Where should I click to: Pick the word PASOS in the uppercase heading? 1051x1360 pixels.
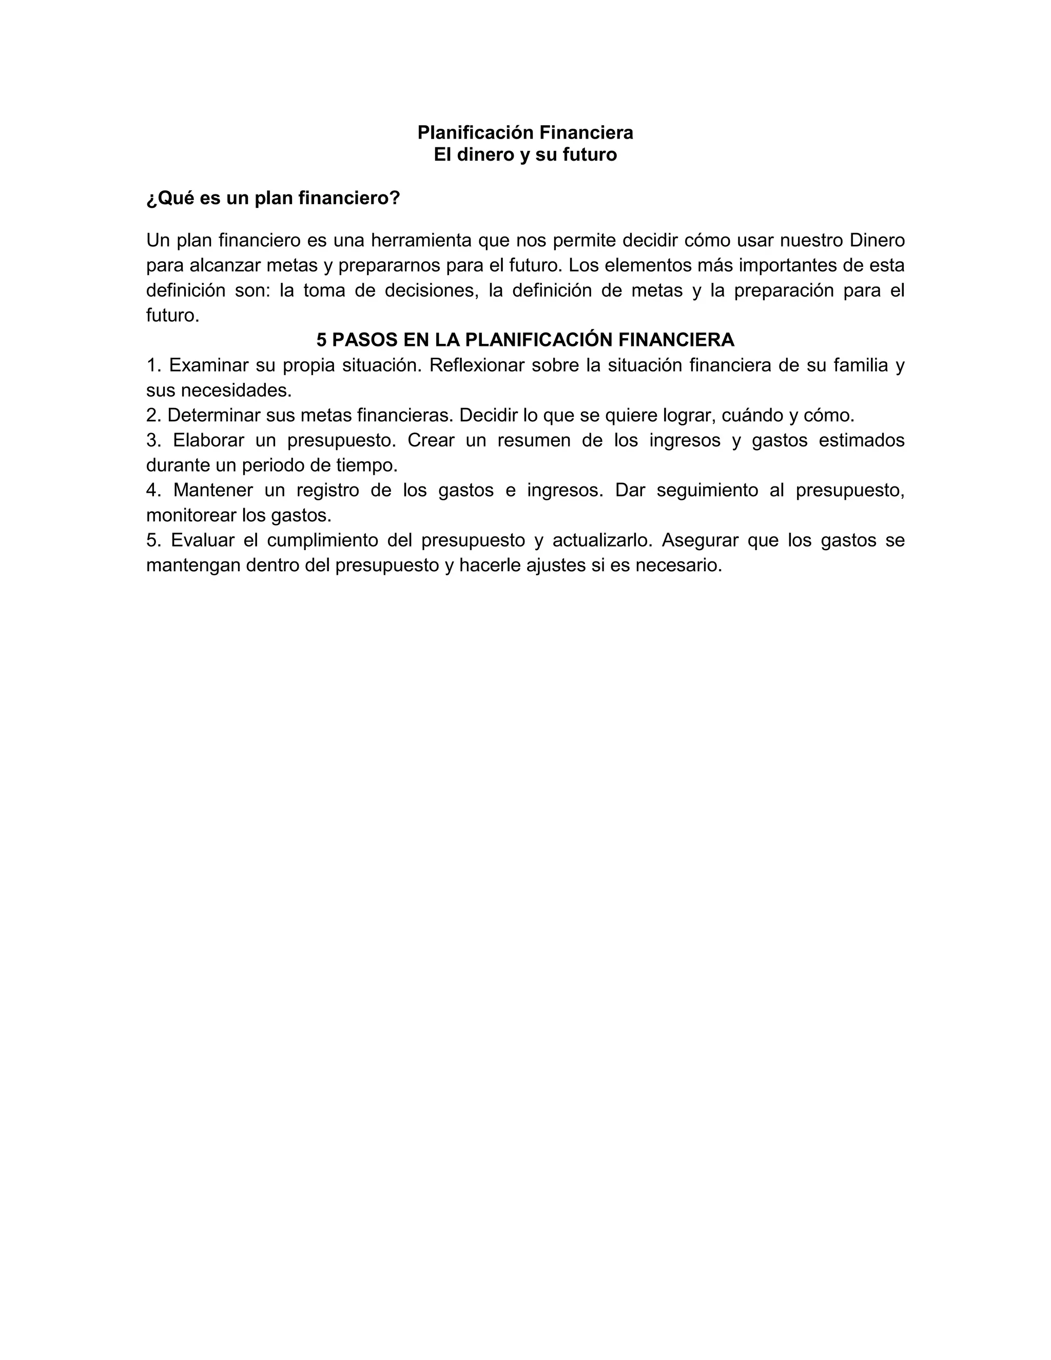click(365, 340)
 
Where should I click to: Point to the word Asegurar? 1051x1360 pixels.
click(698, 540)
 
